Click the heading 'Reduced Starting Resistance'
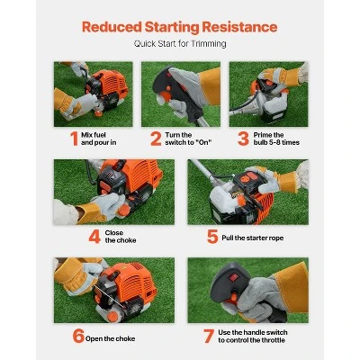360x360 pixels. (180, 25)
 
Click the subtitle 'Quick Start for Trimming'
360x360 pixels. (180, 43)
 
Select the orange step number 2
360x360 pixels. (156, 139)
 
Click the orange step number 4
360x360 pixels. (95, 238)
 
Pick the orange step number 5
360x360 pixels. (212, 238)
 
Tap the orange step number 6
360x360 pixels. (78, 337)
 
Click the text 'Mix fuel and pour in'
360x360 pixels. (92, 139)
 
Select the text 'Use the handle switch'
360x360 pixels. (256, 331)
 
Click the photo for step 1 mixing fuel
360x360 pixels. (94, 93)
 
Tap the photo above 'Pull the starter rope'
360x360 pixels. (247, 192)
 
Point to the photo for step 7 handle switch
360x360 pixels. (247, 290)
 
